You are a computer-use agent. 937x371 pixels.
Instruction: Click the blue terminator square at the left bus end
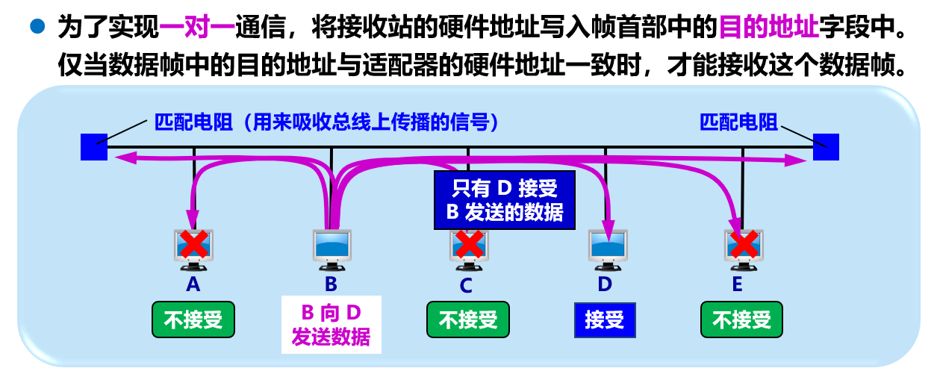(x=93, y=147)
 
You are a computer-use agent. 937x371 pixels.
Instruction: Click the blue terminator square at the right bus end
(x=826, y=147)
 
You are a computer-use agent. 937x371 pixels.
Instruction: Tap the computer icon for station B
(x=331, y=249)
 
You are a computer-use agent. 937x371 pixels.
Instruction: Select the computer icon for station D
(x=605, y=249)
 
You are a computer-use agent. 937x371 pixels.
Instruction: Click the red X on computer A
(x=194, y=244)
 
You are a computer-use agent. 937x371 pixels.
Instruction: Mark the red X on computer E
(x=743, y=244)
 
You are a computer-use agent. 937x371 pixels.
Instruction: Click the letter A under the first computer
(x=193, y=284)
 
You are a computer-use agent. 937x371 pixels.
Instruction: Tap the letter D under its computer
(x=605, y=284)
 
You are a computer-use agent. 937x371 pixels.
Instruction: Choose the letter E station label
(x=738, y=284)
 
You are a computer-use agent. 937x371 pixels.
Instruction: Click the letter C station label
(x=466, y=284)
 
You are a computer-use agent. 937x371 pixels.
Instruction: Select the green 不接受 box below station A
(x=193, y=320)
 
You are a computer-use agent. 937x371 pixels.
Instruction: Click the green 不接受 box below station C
(x=468, y=320)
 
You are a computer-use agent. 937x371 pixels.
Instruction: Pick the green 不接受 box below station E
(x=741, y=320)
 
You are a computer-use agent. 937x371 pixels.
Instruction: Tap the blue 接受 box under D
(x=605, y=320)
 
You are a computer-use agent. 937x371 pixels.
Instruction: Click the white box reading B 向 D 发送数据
(x=331, y=324)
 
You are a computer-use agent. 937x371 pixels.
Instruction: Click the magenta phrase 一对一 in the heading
(x=196, y=29)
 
